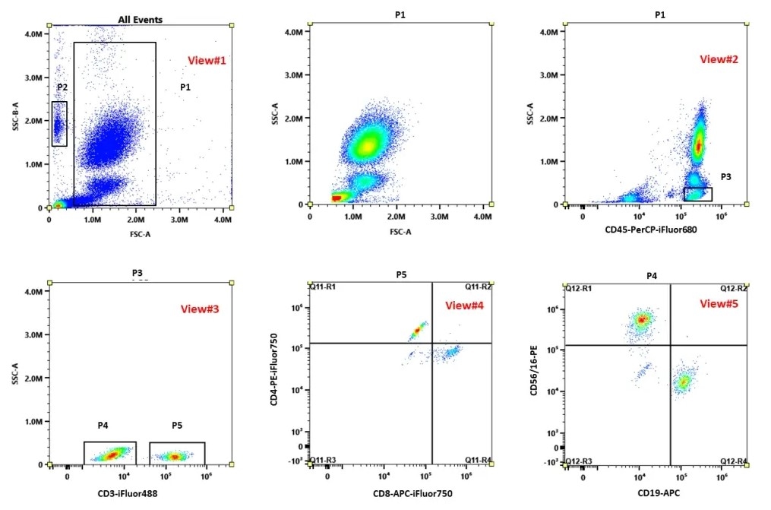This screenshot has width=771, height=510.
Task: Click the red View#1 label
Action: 207,61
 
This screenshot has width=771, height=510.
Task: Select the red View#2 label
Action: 719,59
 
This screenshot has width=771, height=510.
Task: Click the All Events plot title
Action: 140,19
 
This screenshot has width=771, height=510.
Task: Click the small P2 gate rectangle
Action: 59,123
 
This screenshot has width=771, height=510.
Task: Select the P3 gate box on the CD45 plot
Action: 697,194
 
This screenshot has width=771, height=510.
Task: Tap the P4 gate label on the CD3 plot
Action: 104,426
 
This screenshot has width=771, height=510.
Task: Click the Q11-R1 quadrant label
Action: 322,288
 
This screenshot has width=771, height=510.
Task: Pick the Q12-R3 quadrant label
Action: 578,461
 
